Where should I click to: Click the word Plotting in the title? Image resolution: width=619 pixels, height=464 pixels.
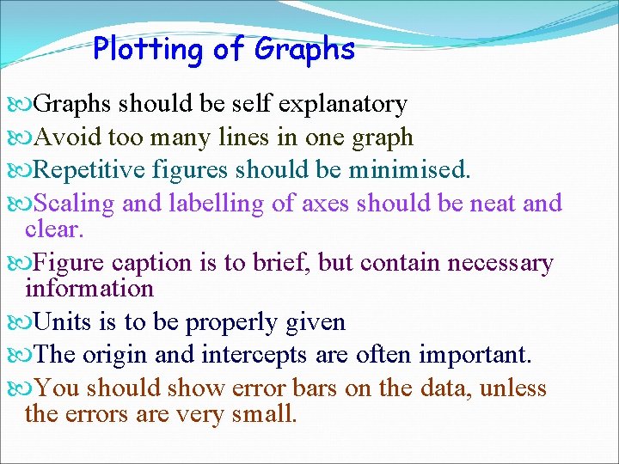tap(149, 49)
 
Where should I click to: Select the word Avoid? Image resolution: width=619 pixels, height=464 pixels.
tap(68, 137)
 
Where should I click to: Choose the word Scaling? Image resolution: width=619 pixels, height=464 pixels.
tap(76, 204)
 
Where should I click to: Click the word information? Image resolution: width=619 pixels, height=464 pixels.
tap(89, 289)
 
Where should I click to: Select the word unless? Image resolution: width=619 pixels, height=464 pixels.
tap(513, 388)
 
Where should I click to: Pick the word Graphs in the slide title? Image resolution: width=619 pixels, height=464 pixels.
tap(304, 49)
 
